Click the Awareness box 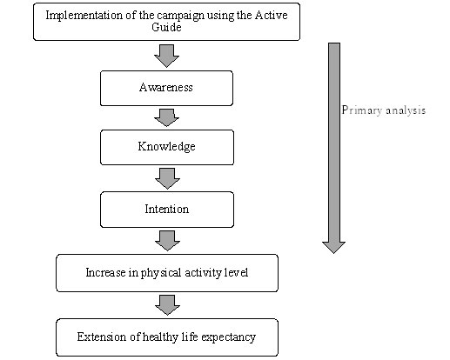(x=166, y=88)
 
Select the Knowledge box (x=167, y=148)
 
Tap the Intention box (x=167, y=210)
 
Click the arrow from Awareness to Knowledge (x=166, y=117)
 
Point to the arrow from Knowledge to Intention (x=167, y=178)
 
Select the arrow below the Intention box (x=167, y=241)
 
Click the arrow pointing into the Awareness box (x=166, y=56)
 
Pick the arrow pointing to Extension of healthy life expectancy (x=167, y=305)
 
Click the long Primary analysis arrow (x=334, y=148)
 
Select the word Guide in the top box (x=166, y=27)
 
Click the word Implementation (x=84, y=16)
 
